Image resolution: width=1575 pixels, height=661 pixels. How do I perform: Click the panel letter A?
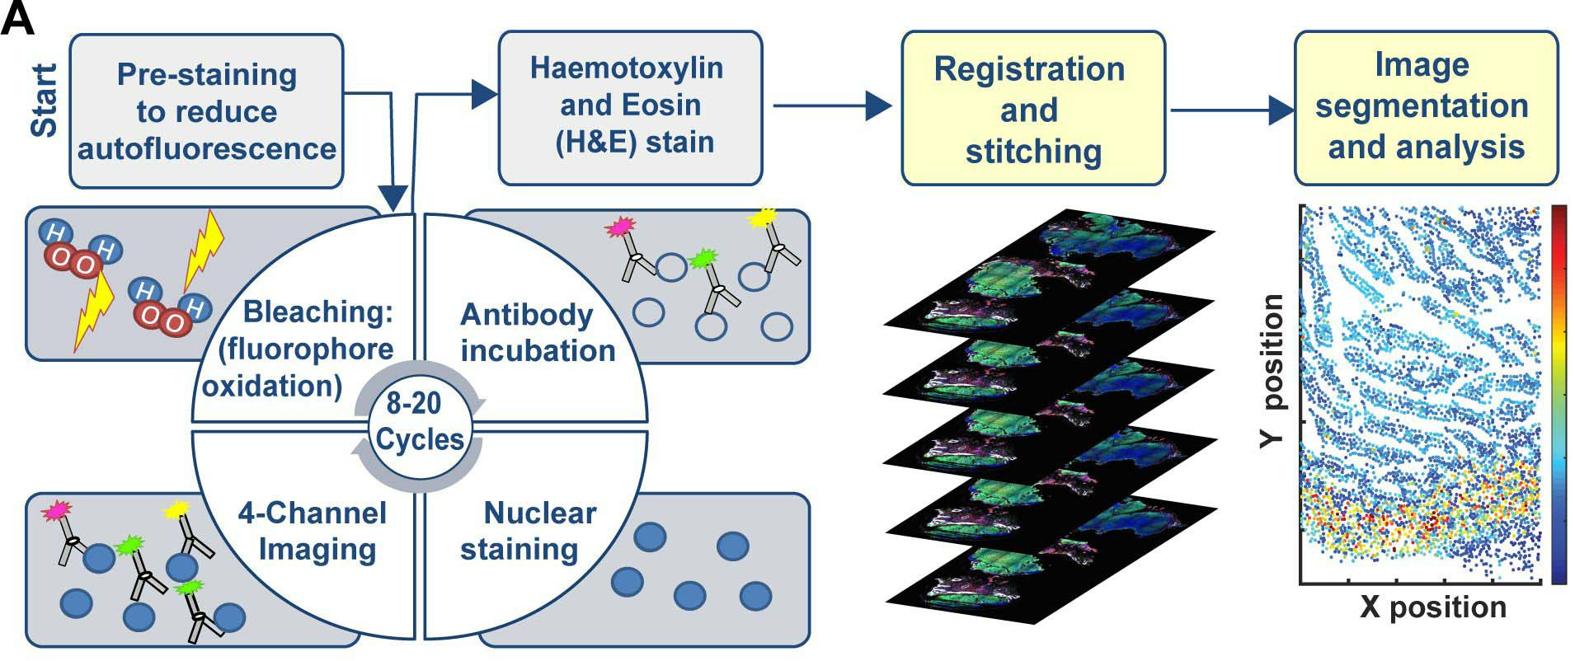(18, 18)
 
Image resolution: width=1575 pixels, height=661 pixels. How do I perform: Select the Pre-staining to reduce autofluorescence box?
(206, 111)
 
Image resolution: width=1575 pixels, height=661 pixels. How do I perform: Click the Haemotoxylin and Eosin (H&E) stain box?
(630, 105)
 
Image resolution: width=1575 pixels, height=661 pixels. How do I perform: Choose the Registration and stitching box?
(1032, 110)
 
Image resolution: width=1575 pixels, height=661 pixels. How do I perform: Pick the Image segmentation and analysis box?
(1425, 107)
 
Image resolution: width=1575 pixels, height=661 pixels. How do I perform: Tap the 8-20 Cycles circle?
(419, 421)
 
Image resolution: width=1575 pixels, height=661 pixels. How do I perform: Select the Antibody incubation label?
(538, 332)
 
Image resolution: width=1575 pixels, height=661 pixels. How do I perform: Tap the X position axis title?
(1433, 607)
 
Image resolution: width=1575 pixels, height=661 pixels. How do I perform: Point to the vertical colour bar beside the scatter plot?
(1558, 394)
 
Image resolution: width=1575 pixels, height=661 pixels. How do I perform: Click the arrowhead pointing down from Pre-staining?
(395, 199)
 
